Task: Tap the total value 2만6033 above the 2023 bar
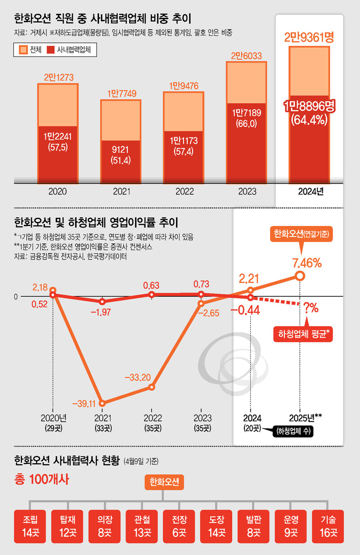click(246, 56)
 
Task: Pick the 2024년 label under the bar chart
click(310, 191)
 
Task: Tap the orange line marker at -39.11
click(103, 403)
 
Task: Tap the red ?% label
click(311, 308)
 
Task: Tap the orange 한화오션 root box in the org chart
click(164, 483)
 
